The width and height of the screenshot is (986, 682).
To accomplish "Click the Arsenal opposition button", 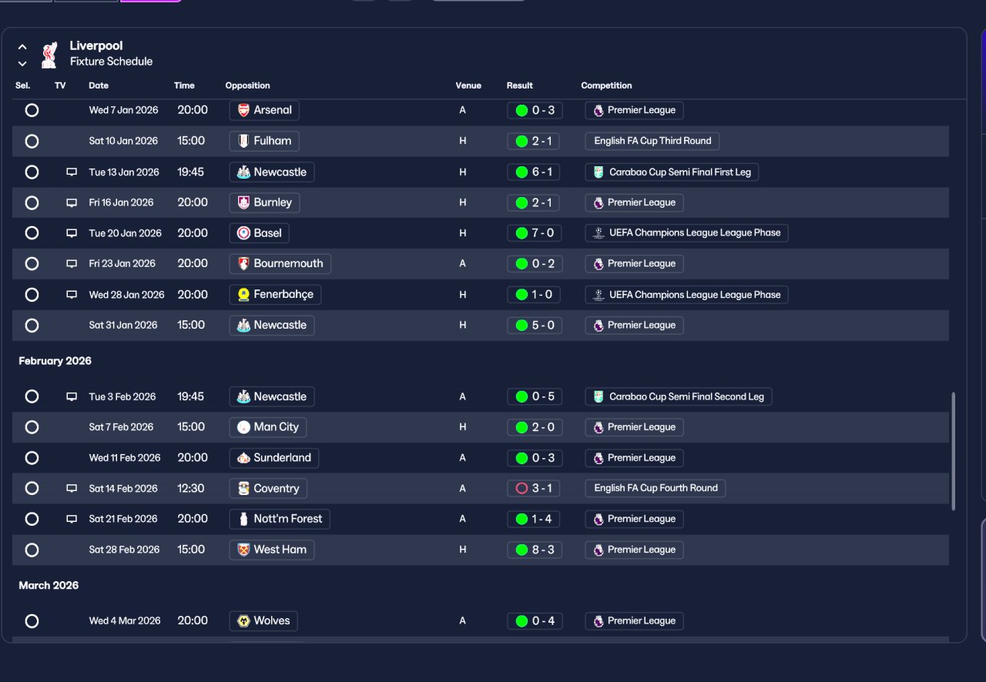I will (x=264, y=110).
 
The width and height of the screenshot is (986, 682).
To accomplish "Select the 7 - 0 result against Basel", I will (x=535, y=233).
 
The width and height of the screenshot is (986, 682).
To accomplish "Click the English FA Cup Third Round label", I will (x=652, y=141).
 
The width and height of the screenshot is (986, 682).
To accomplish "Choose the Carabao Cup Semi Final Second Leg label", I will (x=679, y=397).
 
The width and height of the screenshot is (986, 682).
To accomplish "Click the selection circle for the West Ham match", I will (x=32, y=550).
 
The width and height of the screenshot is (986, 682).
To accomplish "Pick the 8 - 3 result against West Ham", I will (x=535, y=550).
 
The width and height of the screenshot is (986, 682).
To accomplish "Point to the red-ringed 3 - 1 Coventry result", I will (x=535, y=488).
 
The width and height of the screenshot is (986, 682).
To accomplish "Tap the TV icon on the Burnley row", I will (x=72, y=202).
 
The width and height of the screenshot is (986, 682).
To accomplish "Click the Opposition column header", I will (x=247, y=85).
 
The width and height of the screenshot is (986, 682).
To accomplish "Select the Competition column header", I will (x=606, y=85).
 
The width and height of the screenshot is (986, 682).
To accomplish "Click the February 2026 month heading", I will (x=55, y=361).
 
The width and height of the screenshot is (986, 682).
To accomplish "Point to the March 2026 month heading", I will (x=49, y=586).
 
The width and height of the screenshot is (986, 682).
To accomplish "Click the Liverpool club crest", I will (x=49, y=54).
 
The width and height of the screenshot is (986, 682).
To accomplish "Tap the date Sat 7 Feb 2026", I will (x=121, y=427).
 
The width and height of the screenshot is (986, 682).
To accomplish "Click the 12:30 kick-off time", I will (x=191, y=488).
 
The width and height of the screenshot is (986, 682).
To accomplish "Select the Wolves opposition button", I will (x=263, y=621).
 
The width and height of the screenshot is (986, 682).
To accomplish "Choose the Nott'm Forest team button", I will (x=280, y=519).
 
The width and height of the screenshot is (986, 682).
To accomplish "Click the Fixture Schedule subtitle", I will (x=111, y=62).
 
